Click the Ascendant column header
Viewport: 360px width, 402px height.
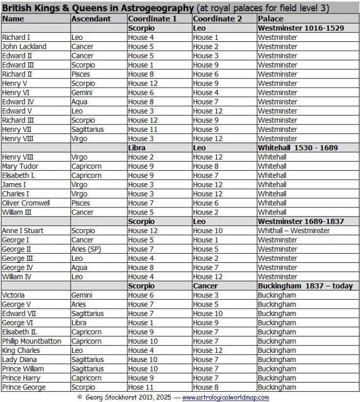point(91,19)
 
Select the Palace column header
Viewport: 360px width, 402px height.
point(270,19)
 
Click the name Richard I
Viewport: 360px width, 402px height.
point(17,37)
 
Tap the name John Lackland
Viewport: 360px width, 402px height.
point(24,47)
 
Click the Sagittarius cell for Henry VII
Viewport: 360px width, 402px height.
point(88,129)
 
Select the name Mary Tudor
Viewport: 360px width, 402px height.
point(20,166)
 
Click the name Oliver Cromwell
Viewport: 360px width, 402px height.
point(26,203)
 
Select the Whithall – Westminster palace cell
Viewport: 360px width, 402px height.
point(293,231)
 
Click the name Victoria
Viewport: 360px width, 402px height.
point(13,295)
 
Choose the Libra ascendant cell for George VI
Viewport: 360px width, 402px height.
point(79,323)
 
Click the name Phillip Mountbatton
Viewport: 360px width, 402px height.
point(32,341)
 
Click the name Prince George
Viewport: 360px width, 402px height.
point(24,387)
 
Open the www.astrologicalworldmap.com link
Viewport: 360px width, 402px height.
point(225,398)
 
